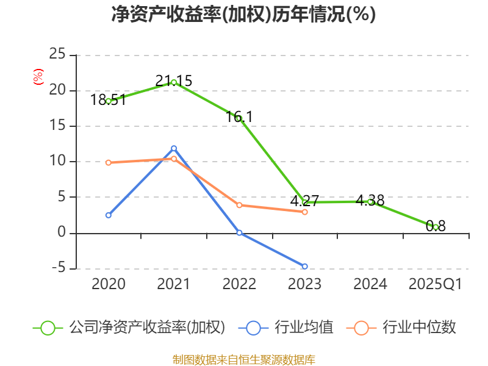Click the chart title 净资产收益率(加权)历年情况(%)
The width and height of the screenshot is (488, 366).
click(243, 14)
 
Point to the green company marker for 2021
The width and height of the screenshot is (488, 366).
click(174, 82)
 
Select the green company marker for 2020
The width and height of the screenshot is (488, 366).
click(109, 101)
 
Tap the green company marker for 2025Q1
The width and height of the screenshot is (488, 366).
click(436, 227)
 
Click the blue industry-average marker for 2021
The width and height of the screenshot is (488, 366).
click(174, 148)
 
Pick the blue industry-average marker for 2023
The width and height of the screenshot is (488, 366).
click(305, 267)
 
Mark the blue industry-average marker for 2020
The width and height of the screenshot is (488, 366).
click(109, 215)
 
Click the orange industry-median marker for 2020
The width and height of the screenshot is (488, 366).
click(109, 163)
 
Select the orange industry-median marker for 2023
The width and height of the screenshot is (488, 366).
click(305, 212)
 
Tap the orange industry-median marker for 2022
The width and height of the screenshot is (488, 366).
click(239, 205)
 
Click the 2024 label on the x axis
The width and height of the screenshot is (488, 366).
click(370, 284)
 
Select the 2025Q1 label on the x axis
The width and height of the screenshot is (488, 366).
click(436, 284)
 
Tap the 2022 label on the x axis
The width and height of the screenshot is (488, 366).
click(239, 284)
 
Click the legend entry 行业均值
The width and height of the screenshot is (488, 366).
click(304, 328)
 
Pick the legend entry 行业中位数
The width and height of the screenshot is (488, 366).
click(419, 328)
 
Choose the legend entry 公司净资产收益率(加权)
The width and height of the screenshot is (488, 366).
click(146, 328)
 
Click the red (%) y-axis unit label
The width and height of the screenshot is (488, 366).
click(38, 77)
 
